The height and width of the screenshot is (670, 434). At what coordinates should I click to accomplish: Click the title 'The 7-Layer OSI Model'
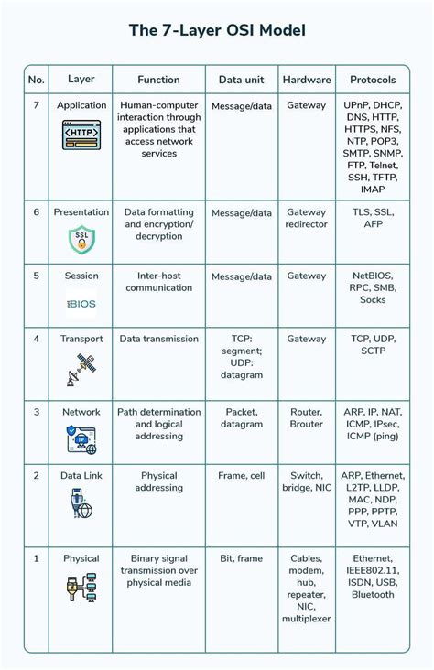[217, 31]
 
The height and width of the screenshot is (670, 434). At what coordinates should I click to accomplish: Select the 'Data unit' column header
[242, 80]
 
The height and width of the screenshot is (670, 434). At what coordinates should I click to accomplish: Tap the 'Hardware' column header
[306, 80]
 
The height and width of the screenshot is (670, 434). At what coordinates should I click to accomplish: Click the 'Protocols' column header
[373, 80]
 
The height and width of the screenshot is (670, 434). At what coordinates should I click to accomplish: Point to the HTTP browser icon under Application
[81, 136]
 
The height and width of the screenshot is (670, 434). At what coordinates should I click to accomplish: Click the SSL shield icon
[81, 240]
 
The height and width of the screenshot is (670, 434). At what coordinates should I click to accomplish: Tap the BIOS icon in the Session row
[81, 303]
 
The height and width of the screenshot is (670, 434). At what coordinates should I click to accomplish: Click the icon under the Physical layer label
[81, 586]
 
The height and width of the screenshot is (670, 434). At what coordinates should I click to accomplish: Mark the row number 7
[37, 106]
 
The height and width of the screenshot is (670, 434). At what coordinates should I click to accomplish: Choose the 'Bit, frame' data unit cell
[242, 558]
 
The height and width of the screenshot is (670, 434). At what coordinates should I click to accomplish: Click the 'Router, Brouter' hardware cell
[306, 418]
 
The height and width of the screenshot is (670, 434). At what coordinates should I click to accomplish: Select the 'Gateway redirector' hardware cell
[306, 218]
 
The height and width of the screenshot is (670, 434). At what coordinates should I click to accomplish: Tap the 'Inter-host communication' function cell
[158, 282]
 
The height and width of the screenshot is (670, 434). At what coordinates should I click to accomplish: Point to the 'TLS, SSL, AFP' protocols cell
[373, 218]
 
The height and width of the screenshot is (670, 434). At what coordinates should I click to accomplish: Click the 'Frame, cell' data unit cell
[242, 476]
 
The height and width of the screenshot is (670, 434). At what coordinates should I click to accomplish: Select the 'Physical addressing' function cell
[158, 482]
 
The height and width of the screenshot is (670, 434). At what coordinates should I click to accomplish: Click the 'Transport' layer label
[81, 339]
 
